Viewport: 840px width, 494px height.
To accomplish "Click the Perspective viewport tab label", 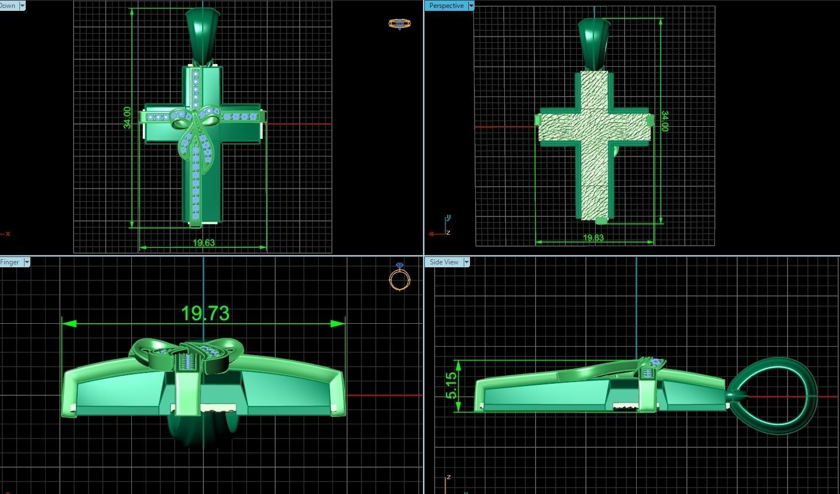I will click(446, 6).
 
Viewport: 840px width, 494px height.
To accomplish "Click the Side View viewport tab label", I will click(444, 262).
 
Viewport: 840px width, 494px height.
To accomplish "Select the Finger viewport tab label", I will click(10, 262).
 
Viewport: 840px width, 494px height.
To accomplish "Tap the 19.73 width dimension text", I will click(205, 313).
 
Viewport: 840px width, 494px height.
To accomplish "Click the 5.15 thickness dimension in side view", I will click(451, 385).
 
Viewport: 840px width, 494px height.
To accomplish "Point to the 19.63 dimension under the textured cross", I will click(593, 238).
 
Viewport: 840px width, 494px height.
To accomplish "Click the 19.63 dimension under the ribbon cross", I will click(203, 243).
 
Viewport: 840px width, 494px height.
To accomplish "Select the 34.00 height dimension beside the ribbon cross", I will click(127, 118).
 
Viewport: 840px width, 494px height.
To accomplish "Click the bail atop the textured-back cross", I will click(595, 43).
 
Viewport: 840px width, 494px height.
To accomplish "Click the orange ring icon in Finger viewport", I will click(400, 278).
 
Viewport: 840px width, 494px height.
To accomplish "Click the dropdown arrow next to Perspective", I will click(471, 6).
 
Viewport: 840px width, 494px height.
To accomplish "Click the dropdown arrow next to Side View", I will click(466, 262).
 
